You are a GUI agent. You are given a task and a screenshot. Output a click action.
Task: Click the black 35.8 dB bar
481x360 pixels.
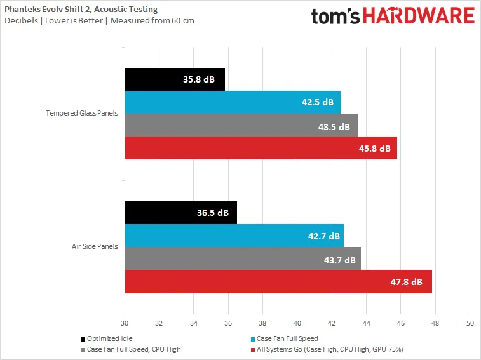click(x=175, y=80)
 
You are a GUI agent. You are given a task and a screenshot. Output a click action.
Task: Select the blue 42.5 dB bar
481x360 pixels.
click(x=233, y=102)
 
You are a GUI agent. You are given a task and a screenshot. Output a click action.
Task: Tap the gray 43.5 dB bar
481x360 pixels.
click(x=241, y=126)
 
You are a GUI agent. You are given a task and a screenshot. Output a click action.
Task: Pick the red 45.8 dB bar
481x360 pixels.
click(x=261, y=148)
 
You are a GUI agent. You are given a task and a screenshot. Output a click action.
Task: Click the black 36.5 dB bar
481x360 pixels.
click(x=180, y=213)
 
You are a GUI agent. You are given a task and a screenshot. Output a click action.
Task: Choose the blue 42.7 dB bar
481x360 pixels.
click(x=234, y=235)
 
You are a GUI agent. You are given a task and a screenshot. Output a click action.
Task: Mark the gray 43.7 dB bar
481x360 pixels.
click(x=243, y=258)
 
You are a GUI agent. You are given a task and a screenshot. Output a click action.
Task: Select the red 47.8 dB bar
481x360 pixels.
click(x=278, y=281)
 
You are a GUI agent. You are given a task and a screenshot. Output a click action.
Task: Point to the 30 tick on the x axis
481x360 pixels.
click(x=125, y=323)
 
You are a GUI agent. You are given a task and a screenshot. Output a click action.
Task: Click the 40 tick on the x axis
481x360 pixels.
click(x=297, y=323)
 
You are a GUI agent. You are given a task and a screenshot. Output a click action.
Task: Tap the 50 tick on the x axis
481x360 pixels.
click(x=470, y=323)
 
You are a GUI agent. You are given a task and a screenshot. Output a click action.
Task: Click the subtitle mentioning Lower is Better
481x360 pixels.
click(x=98, y=20)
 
